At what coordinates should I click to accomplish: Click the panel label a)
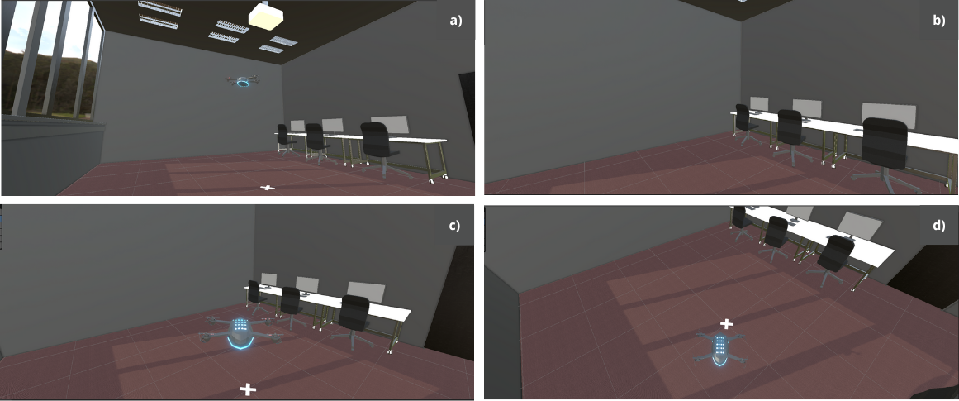pyautogui.click(x=456, y=21)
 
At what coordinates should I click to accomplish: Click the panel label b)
pyautogui.click(x=939, y=21)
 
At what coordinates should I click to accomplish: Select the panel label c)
pyautogui.click(x=453, y=225)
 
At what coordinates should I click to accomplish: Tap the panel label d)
pyautogui.click(x=939, y=225)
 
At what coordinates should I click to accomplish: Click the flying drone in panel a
pyautogui.click(x=244, y=80)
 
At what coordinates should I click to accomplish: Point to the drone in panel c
pyautogui.click(x=240, y=333)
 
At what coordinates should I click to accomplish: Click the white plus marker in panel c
pyautogui.click(x=247, y=389)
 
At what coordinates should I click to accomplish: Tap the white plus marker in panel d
pyautogui.click(x=726, y=323)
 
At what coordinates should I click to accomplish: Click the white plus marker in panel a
pyautogui.click(x=267, y=187)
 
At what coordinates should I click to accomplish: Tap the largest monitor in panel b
pyautogui.click(x=890, y=117)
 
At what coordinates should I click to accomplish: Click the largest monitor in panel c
pyautogui.click(x=366, y=292)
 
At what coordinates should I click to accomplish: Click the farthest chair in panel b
pyautogui.click(x=746, y=124)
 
